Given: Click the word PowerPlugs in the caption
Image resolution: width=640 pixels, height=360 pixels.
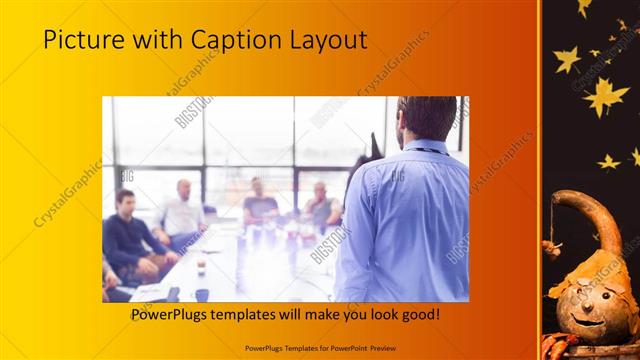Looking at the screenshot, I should point(172,315).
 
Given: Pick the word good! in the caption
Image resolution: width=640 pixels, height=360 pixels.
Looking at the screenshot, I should point(419,315).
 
